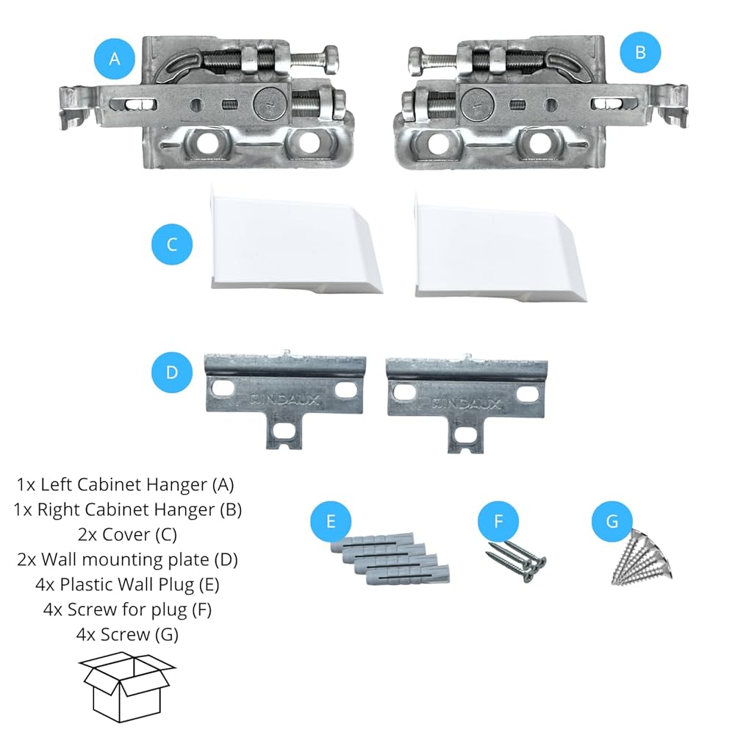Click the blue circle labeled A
coord(115,59)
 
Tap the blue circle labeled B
coord(639,52)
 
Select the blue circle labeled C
coord(172,245)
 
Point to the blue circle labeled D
coord(172,372)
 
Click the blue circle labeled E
coord(331,521)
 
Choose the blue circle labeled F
coord(499,521)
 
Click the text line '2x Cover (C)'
coord(127,534)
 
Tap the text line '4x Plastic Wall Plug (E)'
coord(127,584)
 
